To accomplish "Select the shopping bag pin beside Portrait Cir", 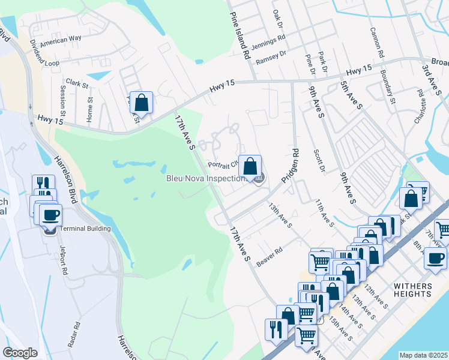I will (x=250, y=165).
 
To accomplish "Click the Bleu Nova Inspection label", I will (x=206, y=178).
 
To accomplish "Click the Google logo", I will (x=20, y=353).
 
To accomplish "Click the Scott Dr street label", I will (x=319, y=161).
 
